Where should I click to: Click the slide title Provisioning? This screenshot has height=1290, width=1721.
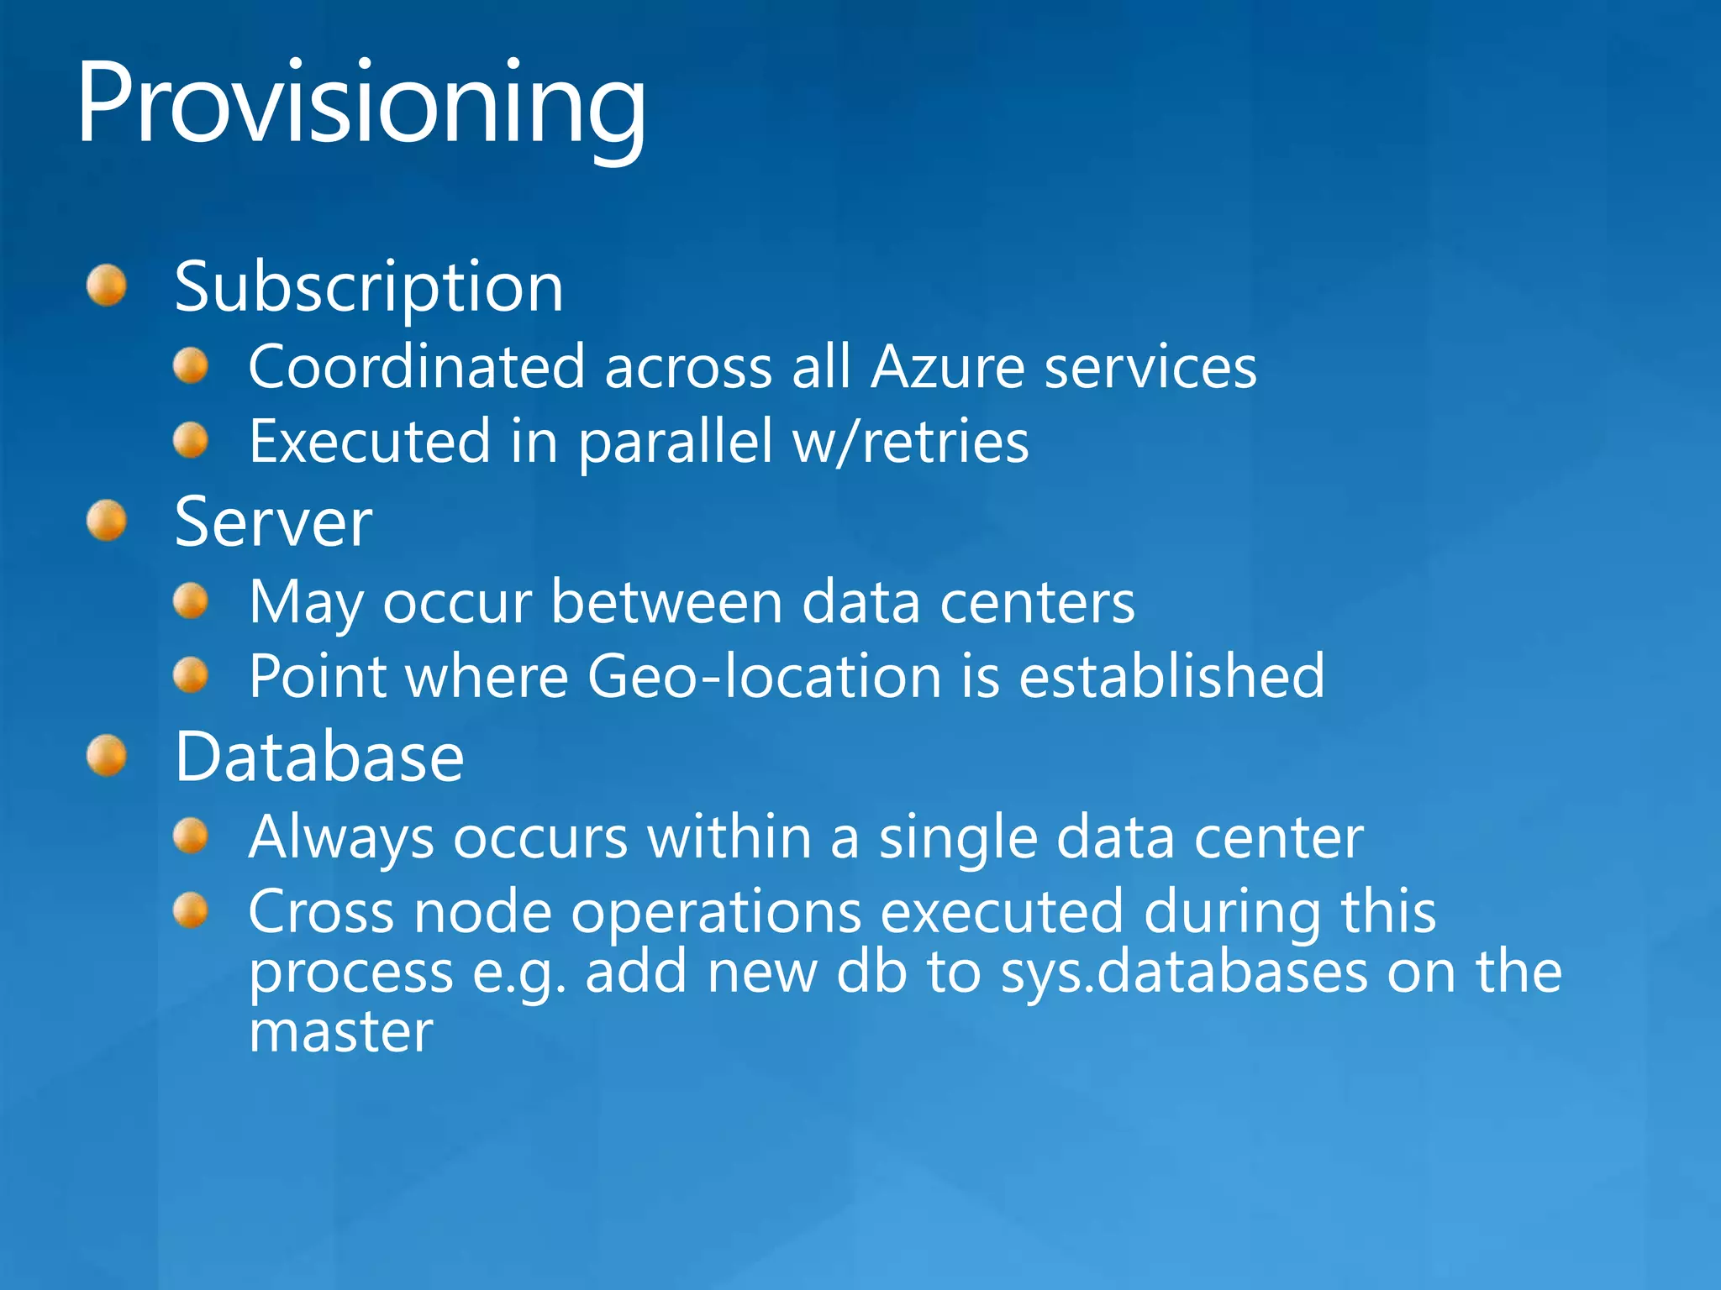click(361, 105)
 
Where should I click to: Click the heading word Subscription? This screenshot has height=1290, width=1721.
click(369, 287)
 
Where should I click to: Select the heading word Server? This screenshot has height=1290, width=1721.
click(273, 522)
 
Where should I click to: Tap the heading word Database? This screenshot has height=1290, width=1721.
click(319, 758)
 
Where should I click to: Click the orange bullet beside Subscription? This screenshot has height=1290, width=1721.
click(107, 286)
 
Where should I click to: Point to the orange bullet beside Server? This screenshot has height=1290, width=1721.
click(107, 521)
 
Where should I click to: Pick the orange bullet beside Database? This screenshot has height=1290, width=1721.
click(107, 756)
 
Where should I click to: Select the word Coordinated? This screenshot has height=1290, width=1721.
click(417, 367)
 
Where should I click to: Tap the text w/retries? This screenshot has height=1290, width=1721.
click(911, 442)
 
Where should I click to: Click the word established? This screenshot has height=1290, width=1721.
click(1171, 677)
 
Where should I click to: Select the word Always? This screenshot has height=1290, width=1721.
click(341, 838)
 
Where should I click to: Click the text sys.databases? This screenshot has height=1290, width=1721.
click(1184, 973)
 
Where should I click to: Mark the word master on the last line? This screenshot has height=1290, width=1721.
click(341, 1031)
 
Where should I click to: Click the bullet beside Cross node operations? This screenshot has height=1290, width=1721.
click(191, 910)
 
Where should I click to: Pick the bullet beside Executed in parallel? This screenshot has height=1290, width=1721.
click(191, 440)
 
